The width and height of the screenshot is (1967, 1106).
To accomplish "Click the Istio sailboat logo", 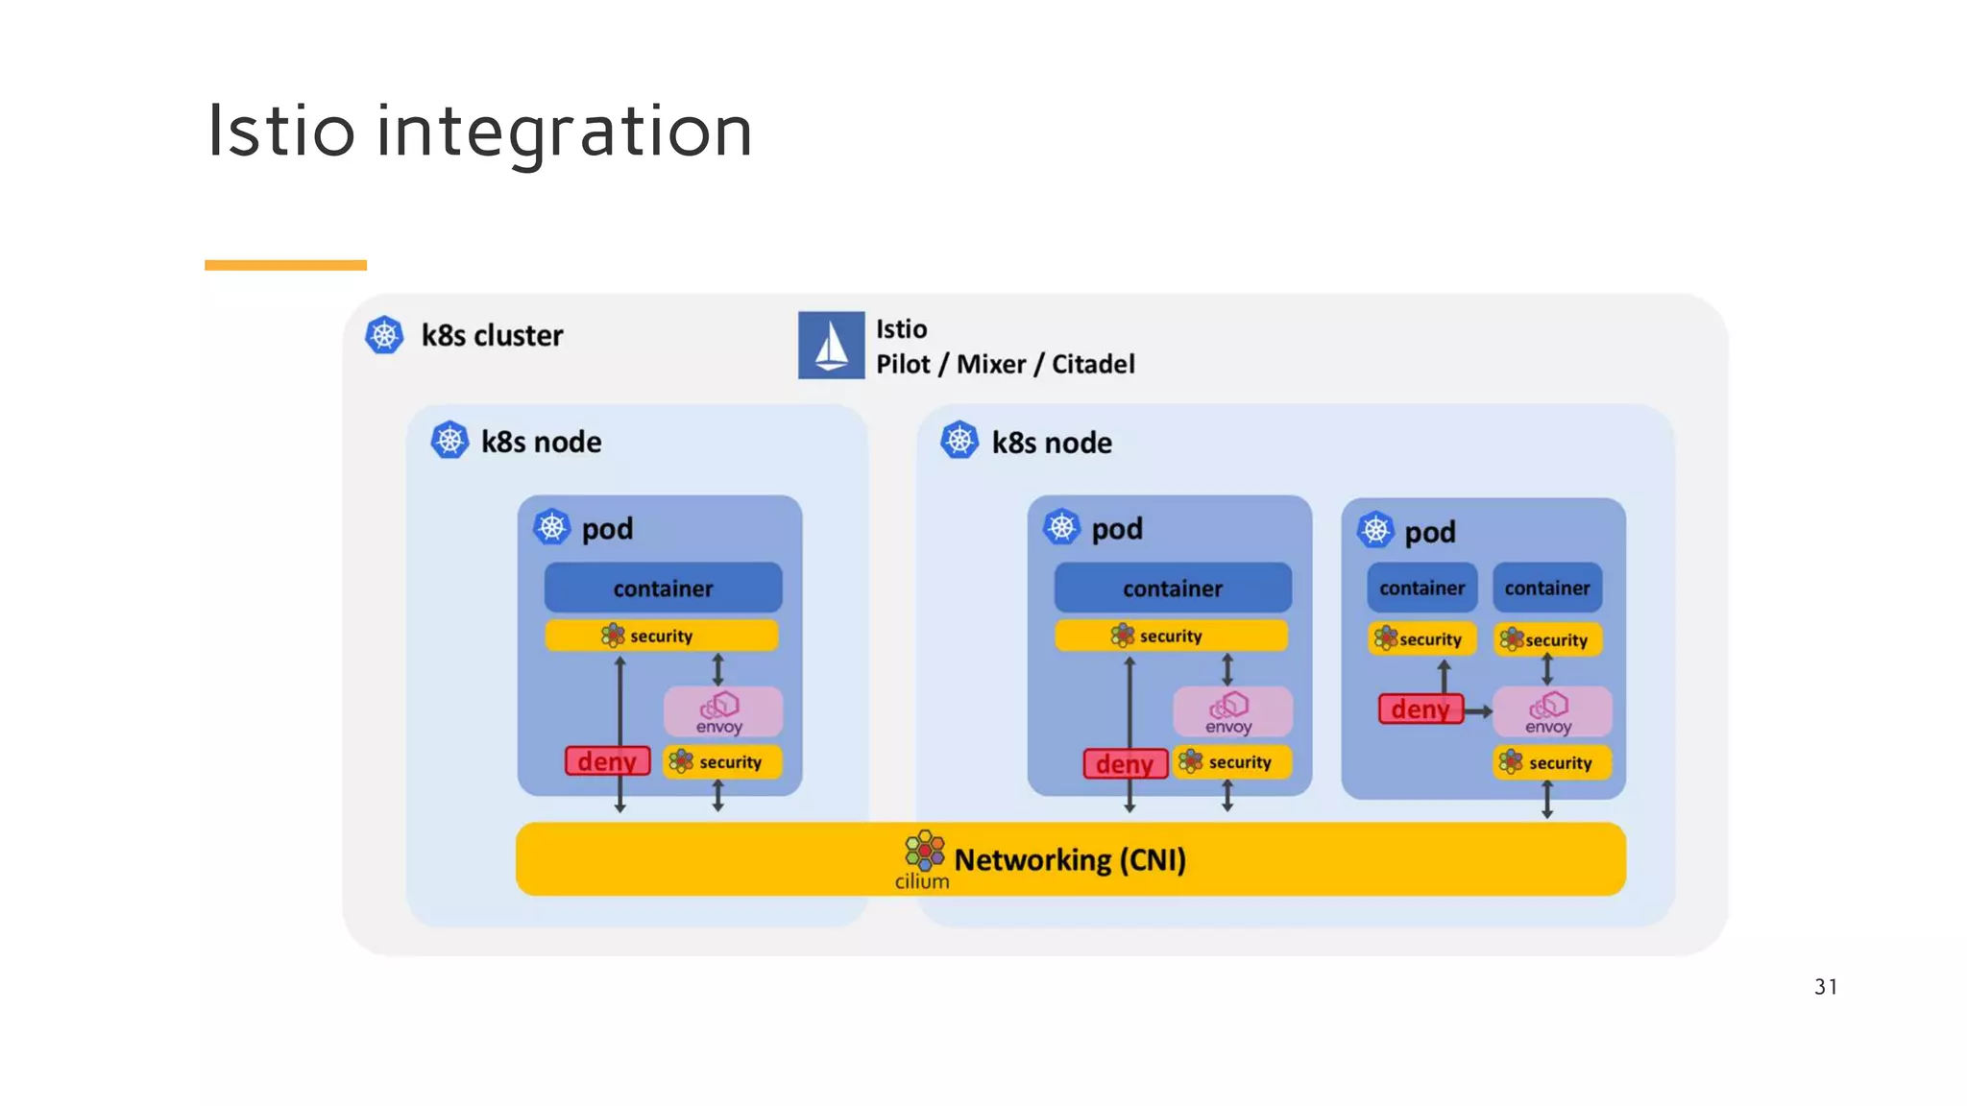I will [x=831, y=345].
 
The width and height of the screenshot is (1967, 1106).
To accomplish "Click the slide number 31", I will [x=1825, y=986].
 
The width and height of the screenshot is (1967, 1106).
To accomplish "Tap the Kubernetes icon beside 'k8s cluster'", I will [x=384, y=335].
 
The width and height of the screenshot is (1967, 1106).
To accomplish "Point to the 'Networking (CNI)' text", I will [x=1070, y=859].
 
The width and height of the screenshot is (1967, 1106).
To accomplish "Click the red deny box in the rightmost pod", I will [x=1420, y=709].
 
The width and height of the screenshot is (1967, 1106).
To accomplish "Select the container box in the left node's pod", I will [x=663, y=588].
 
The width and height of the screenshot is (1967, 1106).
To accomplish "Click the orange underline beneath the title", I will [x=285, y=265].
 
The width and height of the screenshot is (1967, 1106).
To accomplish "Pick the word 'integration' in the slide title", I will [x=564, y=132].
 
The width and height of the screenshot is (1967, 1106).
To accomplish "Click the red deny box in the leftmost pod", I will [x=607, y=761].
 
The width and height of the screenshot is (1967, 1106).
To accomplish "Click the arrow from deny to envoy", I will [x=1478, y=711].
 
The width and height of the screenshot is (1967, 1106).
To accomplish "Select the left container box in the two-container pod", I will [x=1421, y=588].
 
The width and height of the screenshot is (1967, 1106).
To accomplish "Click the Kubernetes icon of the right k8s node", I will [x=959, y=441].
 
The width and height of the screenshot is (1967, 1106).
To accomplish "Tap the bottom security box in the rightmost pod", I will [x=1551, y=762].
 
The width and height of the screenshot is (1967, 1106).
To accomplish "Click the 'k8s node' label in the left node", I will [x=541, y=442].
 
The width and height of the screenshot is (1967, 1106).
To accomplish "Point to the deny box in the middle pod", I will [x=1125, y=764].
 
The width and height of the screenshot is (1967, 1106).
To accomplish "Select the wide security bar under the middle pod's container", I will [x=1171, y=636].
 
